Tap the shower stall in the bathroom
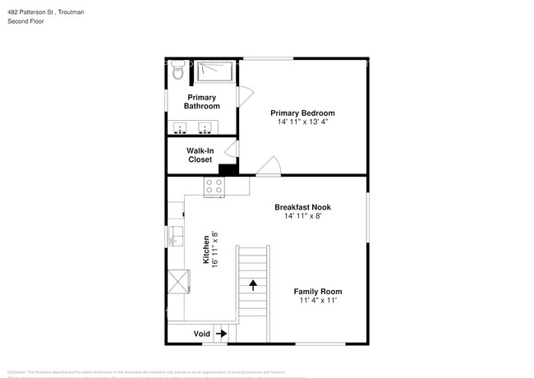pyautogui.click(x=215, y=71)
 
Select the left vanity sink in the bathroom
pyautogui.click(x=182, y=128)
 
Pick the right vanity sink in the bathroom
pyautogui.click(x=205, y=128)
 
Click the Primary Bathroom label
pyautogui.click(x=201, y=102)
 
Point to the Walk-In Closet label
pyautogui.click(x=200, y=155)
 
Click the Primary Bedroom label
pyautogui.click(x=303, y=113)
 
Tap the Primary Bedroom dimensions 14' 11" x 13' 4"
pyautogui.click(x=303, y=122)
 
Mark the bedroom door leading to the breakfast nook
pyautogui.click(x=268, y=168)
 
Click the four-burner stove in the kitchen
pyautogui.click(x=214, y=187)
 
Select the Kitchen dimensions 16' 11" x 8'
pyautogui.click(x=215, y=250)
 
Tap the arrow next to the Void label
pyautogui.click(x=221, y=334)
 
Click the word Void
pyautogui.click(x=201, y=334)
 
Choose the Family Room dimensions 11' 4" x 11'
pyautogui.click(x=318, y=300)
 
